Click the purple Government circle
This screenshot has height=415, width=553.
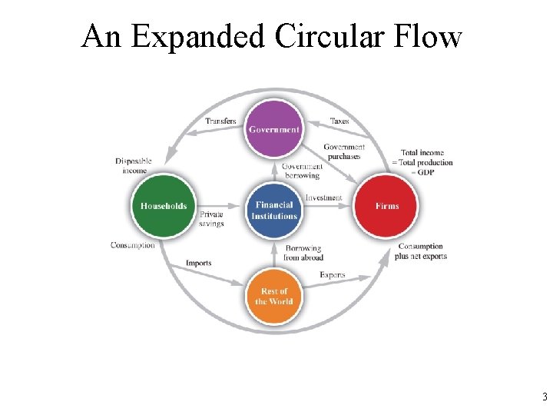[x=274, y=129]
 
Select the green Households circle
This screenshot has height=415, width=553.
[x=164, y=206]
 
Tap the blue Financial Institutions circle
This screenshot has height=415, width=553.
[x=274, y=210]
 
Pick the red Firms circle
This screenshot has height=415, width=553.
[x=386, y=206]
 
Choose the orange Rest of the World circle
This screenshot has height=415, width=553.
[x=274, y=296]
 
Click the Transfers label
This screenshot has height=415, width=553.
[x=220, y=121]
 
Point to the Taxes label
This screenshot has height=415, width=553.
[x=339, y=121]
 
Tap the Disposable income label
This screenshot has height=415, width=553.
[x=134, y=165]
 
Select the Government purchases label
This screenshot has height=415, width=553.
[x=344, y=151]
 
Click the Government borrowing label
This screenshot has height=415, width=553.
[x=301, y=171]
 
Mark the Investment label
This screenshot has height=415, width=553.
[x=323, y=198]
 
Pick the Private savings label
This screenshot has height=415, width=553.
[x=211, y=219]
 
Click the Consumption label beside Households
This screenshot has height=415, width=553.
[x=132, y=245]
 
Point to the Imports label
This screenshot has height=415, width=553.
[x=198, y=264]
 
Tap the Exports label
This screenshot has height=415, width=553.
[x=333, y=275]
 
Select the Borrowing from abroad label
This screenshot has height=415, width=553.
[x=303, y=254]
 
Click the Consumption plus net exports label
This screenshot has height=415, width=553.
[x=421, y=251]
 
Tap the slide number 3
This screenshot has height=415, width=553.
[x=544, y=397]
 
